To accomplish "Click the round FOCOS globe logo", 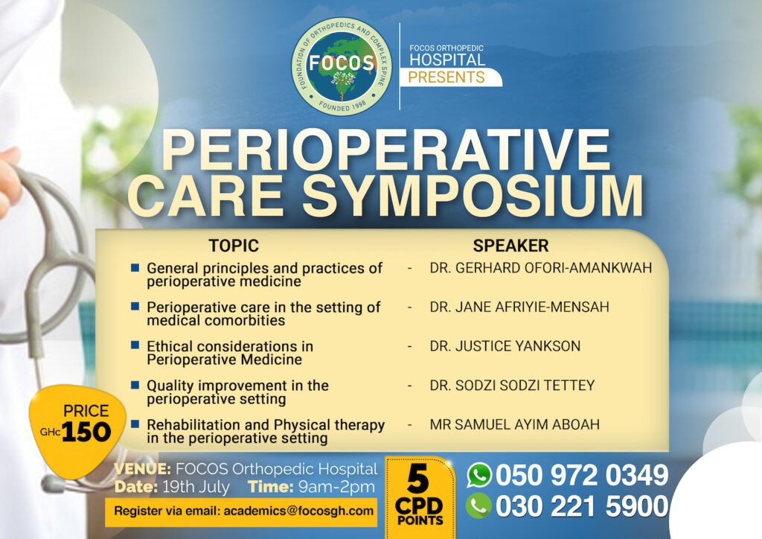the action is pos(342,66).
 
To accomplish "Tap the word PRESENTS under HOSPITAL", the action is pos(446,77).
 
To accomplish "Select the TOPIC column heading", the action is pos(234,246).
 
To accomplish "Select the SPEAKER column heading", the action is pos(510,246).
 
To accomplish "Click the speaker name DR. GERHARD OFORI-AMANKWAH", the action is pos(541,268).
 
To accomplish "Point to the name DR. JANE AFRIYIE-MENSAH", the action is pos(519,307).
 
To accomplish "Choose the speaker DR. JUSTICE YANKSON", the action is pos(505,345).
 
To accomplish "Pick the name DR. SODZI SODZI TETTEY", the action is pos(512,385).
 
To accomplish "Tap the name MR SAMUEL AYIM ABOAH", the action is pos(515,424).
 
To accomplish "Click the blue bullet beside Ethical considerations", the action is pos(135,345).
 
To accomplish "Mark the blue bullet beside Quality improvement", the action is pos(135,384).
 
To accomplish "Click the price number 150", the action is pos(86,432).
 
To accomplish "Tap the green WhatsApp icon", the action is pos(479,475).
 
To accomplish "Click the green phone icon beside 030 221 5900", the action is pos(478,506).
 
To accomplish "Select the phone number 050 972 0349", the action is pos(582,475).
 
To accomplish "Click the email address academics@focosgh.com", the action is pos(298,511).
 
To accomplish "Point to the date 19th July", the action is pos(196,487).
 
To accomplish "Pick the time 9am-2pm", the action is pos(336,487).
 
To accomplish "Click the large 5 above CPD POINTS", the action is pos(418,479).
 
